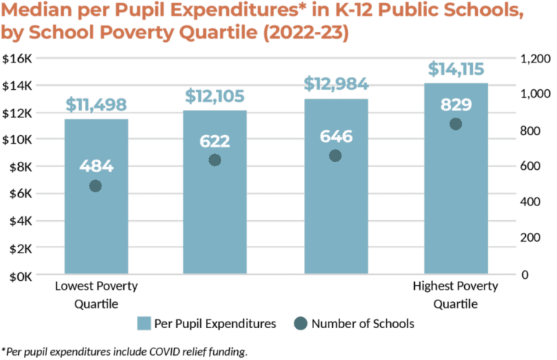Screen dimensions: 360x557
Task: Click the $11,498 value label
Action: point(96,105)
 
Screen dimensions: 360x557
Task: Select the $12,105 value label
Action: point(215,96)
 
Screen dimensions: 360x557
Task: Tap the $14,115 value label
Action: point(455,70)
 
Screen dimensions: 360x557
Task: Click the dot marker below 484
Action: point(96,186)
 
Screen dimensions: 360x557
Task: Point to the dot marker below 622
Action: point(215,160)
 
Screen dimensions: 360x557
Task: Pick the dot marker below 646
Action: point(335,155)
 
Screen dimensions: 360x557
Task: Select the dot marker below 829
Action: point(455,124)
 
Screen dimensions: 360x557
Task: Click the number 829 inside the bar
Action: point(455,105)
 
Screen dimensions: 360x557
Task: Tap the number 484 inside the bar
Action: point(96,165)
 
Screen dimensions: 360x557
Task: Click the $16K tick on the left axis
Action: point(17,59)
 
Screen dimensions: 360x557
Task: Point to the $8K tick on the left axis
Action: point(18,167)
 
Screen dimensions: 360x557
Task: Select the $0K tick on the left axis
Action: point(18,276)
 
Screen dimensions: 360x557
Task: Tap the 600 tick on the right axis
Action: point(532,167)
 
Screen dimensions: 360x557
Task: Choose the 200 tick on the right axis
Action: point(532,239)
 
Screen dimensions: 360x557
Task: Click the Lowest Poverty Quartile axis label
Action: point(96,295)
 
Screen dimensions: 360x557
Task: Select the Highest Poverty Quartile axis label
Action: point(455,295)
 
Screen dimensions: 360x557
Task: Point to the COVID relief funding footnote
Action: point(125,352)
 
